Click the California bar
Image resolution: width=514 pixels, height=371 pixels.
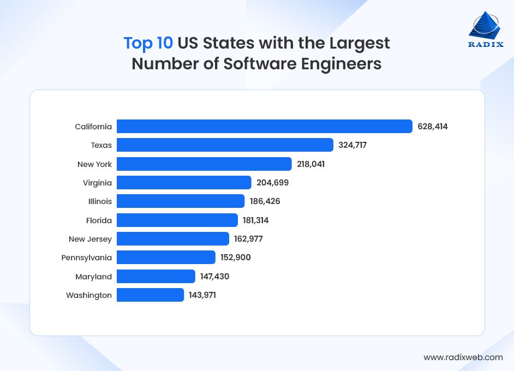264,127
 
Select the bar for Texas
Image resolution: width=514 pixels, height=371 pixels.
225,145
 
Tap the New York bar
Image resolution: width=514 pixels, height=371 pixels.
204,164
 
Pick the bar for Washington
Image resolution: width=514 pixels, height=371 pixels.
150,295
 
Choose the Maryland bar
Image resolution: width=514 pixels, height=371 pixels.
156,277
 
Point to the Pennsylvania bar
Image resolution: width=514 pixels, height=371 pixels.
166,258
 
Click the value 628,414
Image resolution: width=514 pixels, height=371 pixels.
433,127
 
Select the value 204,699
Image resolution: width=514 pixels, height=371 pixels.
272,183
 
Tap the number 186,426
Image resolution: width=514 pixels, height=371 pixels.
265,201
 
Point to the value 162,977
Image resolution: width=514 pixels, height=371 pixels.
249,239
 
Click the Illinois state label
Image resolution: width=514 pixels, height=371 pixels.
100,201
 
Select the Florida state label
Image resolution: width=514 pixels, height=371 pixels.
99,220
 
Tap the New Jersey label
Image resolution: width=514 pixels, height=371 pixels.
90,239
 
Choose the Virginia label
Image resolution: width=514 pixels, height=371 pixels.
98,183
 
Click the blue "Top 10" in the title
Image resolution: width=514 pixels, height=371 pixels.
148,43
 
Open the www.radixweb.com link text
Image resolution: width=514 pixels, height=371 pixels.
463,357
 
